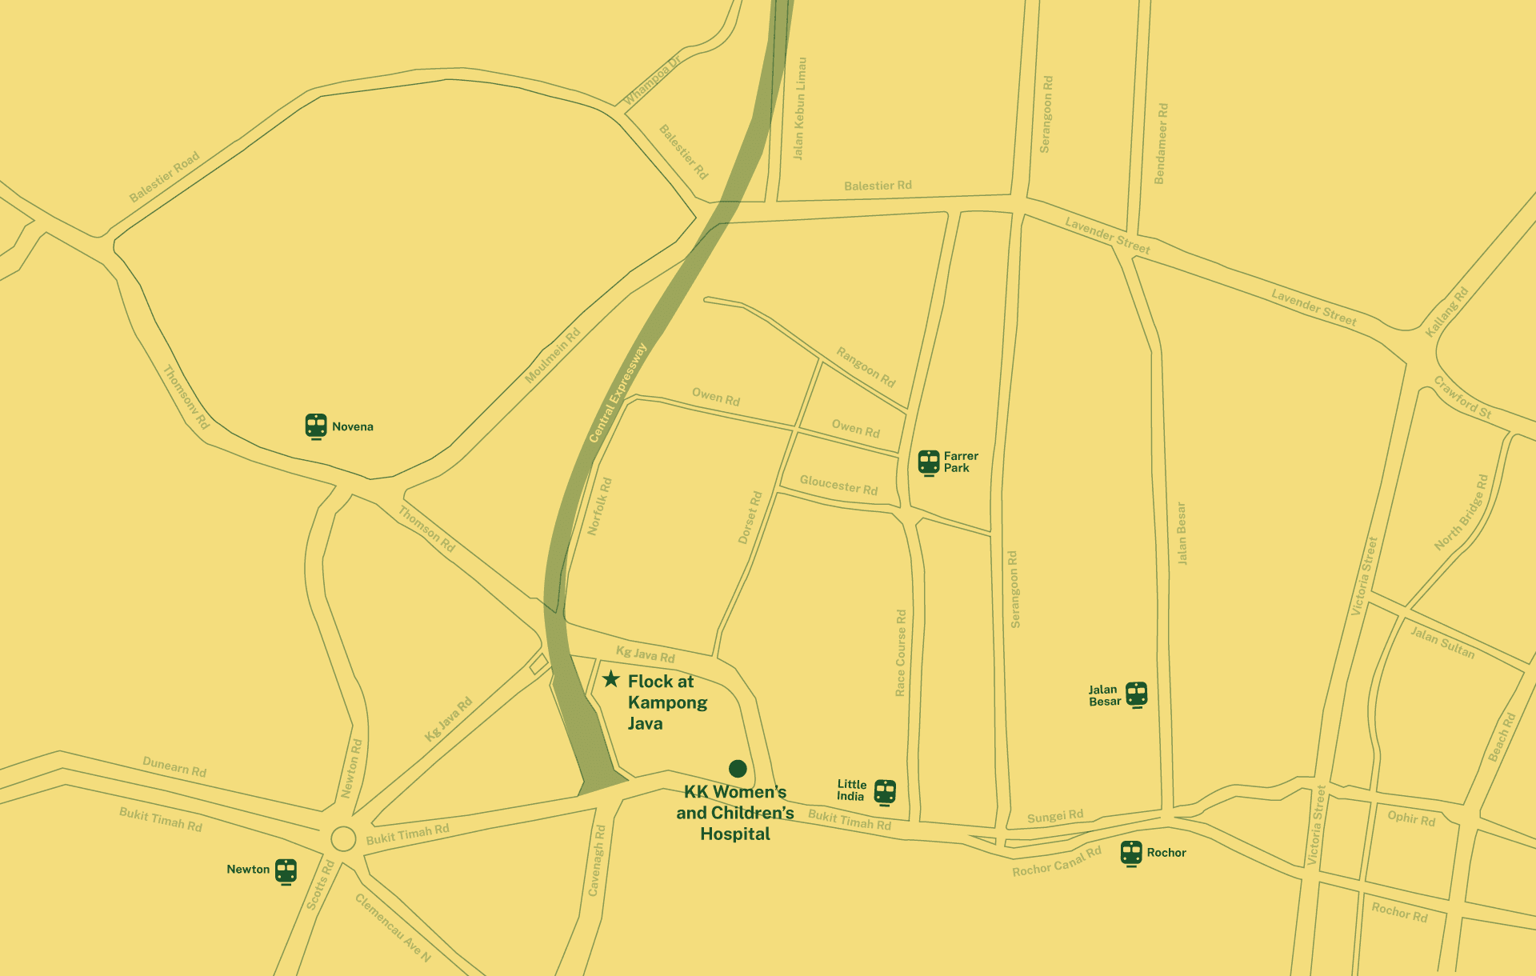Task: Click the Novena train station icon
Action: pos(316,426)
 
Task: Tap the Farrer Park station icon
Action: pos(928,462)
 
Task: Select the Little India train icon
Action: pos(885,791)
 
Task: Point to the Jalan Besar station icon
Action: pos(1136,694)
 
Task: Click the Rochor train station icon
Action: pos(1131,853)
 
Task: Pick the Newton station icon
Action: pos(286,870)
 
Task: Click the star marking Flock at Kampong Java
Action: pos(611,679)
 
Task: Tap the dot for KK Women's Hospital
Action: pos(738,769)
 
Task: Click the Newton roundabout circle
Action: pos(343,838)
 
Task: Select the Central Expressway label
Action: pos(617,393)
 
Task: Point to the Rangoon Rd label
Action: pos(866,366)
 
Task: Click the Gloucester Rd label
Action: pos(838,485)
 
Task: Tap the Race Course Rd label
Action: pos(901,653)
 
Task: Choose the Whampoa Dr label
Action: pos(652,80)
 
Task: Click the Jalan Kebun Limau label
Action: pos(799,108)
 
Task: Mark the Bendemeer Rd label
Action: pos(1161,143)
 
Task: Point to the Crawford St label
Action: pos(1462,397)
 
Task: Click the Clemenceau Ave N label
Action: pos(393,928)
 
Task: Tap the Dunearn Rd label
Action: pos(174,766)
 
